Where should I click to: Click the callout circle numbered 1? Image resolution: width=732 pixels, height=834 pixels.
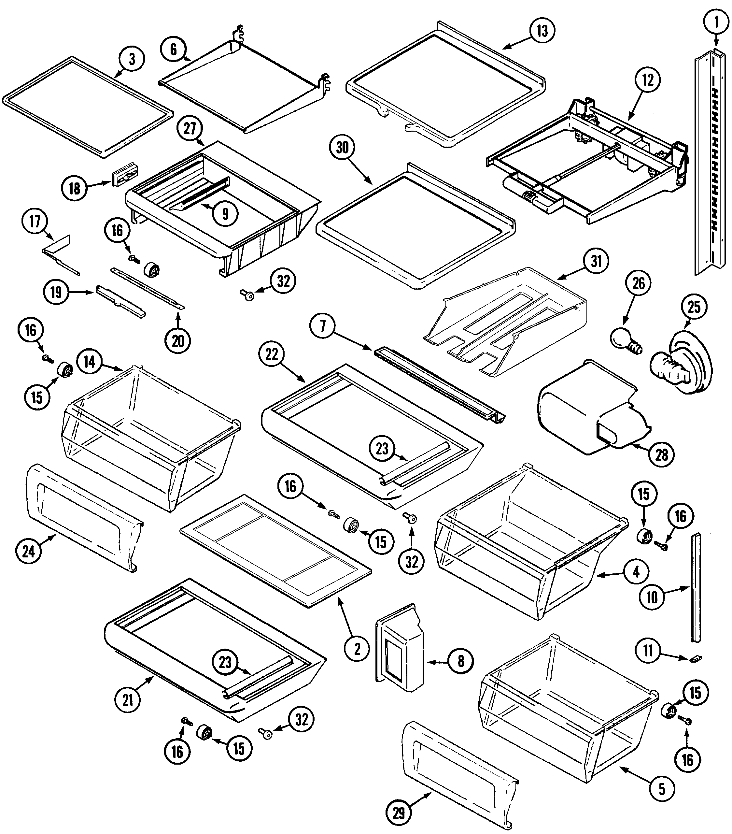click(x=716, y=23)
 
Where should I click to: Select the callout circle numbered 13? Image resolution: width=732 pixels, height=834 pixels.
click(x=542, y=31)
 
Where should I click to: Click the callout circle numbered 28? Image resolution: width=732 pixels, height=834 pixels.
click(x=661, y=454)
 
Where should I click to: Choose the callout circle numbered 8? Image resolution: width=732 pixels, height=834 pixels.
click(x=460, y=661)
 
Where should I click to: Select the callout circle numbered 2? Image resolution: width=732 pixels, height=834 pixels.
click(x=357, y=648)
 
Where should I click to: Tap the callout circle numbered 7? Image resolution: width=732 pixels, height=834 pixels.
click(x=323, y=326)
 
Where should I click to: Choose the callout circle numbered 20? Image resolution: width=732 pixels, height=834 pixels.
click(x=178, y=341)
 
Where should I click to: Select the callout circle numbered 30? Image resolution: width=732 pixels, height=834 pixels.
click(x=342, y=147)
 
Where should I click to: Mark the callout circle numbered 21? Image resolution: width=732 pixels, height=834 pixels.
click(x=128, y=700)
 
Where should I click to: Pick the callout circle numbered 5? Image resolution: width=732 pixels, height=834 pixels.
click(x=661, y=789)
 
